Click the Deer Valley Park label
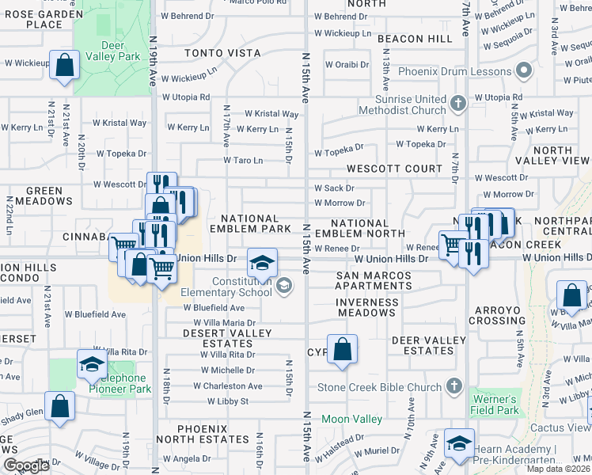tap(111, 51)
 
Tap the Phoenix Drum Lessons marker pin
tap(523, 72)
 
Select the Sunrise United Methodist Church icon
tap(457, 103)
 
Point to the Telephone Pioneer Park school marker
tap(92, 365)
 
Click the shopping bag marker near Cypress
tap(342, 349)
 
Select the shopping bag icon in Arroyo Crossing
tap(571, 296)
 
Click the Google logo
tap(26, 465)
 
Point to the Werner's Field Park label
tap(495, 405)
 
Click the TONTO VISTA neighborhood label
tap(222, 53)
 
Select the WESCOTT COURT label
tap(394, 169)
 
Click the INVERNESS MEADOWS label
tap(366, 307)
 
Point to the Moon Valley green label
tap(351, 418)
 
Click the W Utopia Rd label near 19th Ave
tap(187, 97)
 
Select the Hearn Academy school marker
tap(459, 444)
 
